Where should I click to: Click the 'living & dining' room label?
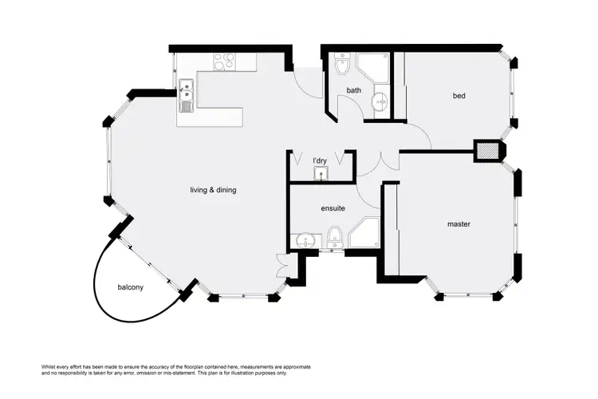[213, 190]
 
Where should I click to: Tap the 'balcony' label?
[130, 287]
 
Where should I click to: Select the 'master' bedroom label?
[458, 224]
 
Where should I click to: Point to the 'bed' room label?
[458, 97]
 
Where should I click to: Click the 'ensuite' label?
[332, 208]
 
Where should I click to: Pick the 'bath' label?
[354, 91]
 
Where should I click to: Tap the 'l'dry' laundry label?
[319, 161]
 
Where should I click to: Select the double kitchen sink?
[186, 96]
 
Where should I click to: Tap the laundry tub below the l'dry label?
[320, 174]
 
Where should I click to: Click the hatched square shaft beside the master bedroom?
[486, 150]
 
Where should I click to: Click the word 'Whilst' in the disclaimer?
[49, 365]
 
